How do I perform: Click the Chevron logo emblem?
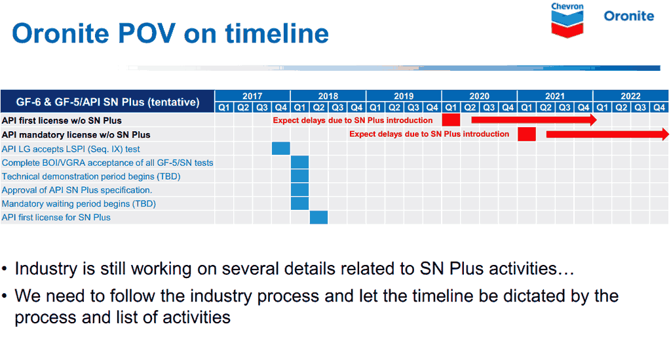(x=567, y=24)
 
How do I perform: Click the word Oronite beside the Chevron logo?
(x=628, y=16)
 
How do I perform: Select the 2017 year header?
(x=252, y=96)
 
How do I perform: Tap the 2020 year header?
(x=479, y=96)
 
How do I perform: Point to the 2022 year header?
(x=630, y=96)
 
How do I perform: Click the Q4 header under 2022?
(x=659, y=108)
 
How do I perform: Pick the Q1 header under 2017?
(x=224, y=108)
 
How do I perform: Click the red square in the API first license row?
(x=451, y=120)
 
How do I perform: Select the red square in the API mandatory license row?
(x=527, y=134)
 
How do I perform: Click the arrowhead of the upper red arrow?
(x=593, y=120)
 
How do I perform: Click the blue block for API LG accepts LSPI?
(x=280, y=149)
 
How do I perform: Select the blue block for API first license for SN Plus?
(x=319, y=217)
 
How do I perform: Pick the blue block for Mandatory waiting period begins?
(x=299, y=203)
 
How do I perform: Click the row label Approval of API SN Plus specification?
(x=77, y=190)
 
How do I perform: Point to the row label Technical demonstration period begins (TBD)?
(x=91, y=176)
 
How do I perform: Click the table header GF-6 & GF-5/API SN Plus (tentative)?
(x=108, y=102)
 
